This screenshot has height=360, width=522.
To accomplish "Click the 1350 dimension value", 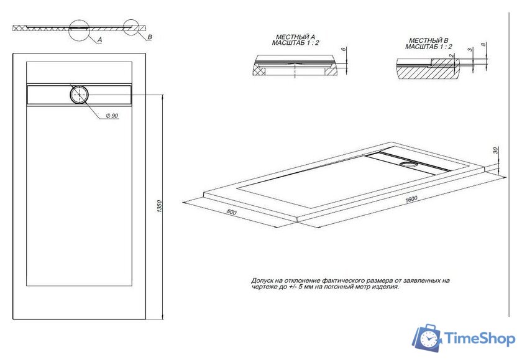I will pyautogui.click(x=159, y=205).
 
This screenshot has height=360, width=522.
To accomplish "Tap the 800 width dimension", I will pyautogui.click(x=232, y=213).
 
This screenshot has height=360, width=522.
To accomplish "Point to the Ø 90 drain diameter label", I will pyautogui.click(x=112, y=117).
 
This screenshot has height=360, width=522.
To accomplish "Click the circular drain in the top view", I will pyautogui.click(x=80, y=95).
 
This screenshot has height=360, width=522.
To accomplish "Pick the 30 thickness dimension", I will pyautogui.click(x=495, y=151).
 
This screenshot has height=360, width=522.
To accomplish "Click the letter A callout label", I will pyautogui.click(x=99, y=39).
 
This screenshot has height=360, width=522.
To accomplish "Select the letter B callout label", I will pyautogui.click(x=150, y=38).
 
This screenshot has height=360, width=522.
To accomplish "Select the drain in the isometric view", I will pyautogui.click(x=409, y=164).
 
